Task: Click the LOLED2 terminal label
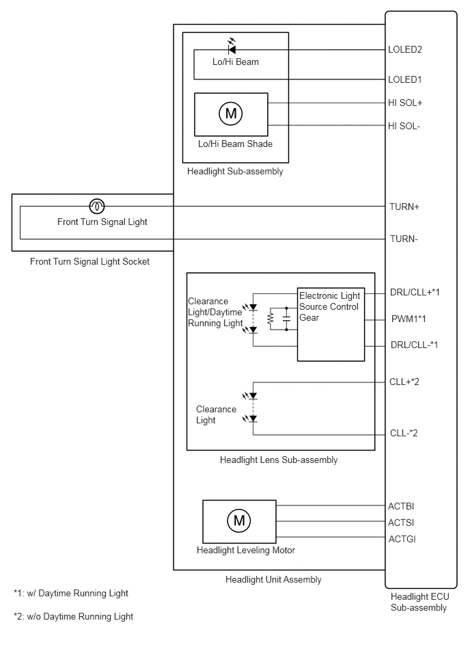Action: (404, 50)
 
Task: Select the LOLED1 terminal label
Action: (404, 79)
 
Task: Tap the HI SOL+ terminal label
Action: (404, 103)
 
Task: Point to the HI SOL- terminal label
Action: (404, 126)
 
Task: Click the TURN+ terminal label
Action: (404, 207)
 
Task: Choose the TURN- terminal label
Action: (404, 239)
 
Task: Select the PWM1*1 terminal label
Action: (408, 319)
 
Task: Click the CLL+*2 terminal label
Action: (404, 382)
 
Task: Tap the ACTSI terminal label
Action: (401, 522)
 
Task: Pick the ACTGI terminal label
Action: (402, 539)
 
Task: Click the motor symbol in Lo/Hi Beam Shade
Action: (231, 113)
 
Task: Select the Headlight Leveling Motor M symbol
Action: (239, 520)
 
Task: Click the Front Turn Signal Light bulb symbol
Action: (97, 206)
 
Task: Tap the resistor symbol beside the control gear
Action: (271, 319)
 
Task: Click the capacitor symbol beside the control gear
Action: (286, 319)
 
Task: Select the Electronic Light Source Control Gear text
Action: (330, 306)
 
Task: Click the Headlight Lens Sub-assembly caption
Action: (279, 460)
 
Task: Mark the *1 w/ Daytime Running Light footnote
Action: (70, 594)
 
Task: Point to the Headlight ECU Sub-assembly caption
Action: (419, 602)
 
